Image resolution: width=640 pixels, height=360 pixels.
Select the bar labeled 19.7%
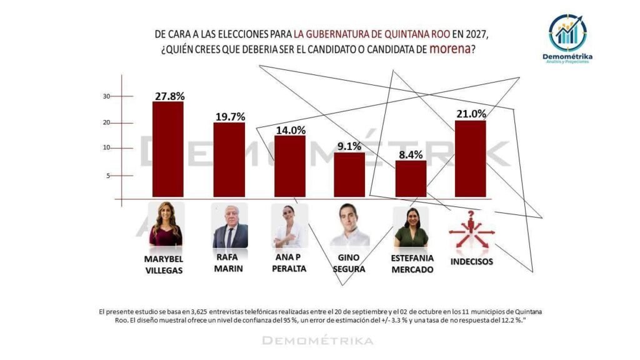click(x=229, y=159)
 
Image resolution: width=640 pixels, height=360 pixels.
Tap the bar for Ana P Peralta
click(x=290, y=166)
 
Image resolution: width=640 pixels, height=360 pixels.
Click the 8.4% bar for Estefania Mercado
click(x=411, y=179)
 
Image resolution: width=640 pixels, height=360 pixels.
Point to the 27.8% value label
click(x=169, y=96)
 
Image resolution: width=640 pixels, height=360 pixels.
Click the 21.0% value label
click(x=471, y=113)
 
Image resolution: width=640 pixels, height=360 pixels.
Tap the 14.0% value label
click(x=290, y=130)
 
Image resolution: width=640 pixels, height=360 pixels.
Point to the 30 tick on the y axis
click(x=107, y=96)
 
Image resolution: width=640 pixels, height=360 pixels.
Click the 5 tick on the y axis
click(x=108, y=176)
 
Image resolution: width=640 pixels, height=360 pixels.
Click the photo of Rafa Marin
click(x=230, y=225)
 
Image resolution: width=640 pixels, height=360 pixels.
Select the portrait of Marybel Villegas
click(x=166, y=224)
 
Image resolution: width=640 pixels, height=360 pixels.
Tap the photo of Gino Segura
click(x=349, y=225)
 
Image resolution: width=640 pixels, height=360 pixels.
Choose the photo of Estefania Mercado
click(x=411, y=227)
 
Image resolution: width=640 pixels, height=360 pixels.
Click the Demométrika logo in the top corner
click(x=567, y=35)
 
